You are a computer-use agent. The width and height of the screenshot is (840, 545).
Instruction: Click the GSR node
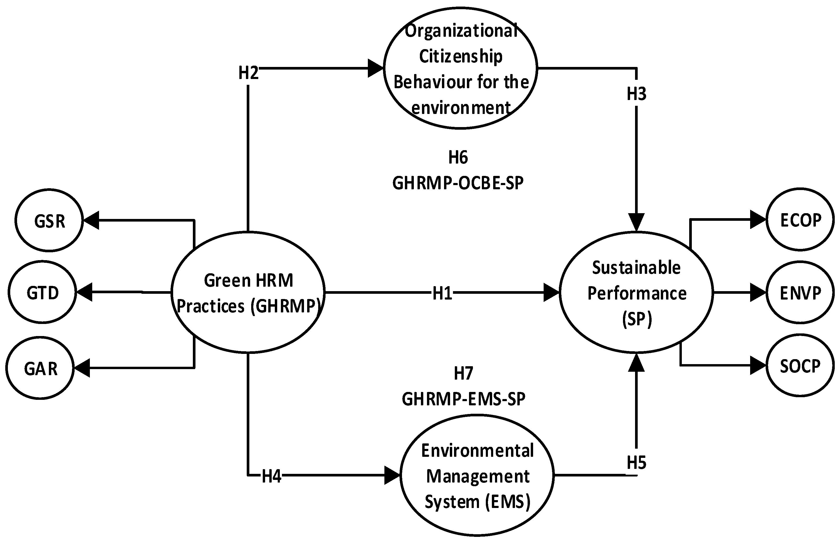pyautogui.click(x=49, y=221)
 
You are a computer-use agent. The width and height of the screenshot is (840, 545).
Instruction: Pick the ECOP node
pyautogui.click(x=800, y=220)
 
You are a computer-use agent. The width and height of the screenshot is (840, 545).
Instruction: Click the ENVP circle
pyautogui.click(x=800, y=292)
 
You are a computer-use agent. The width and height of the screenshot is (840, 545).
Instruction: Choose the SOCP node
pyautogui.click(x=800, y=366)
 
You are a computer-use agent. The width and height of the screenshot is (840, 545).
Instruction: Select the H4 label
pyautogui.click(x=271, y=476)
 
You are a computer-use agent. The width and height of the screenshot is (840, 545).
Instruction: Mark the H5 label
pyautogui.click(x=636, y=463)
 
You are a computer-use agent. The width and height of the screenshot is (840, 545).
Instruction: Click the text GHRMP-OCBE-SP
pyautogui.click(x=458, y=183)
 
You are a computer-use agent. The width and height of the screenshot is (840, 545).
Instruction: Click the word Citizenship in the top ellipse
pyautogui.click(x=461, y=56)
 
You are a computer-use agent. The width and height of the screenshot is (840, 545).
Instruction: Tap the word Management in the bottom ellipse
pyautogui.click(x=477, y=476)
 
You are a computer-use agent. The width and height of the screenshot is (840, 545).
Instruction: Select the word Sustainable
pyautogui.click(x=636, y=268)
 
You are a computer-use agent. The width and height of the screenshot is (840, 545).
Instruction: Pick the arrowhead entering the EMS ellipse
pyautogui.click(x=392, y=475)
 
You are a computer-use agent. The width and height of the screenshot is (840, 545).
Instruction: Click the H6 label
pyautogui.click(x=458, y=157)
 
